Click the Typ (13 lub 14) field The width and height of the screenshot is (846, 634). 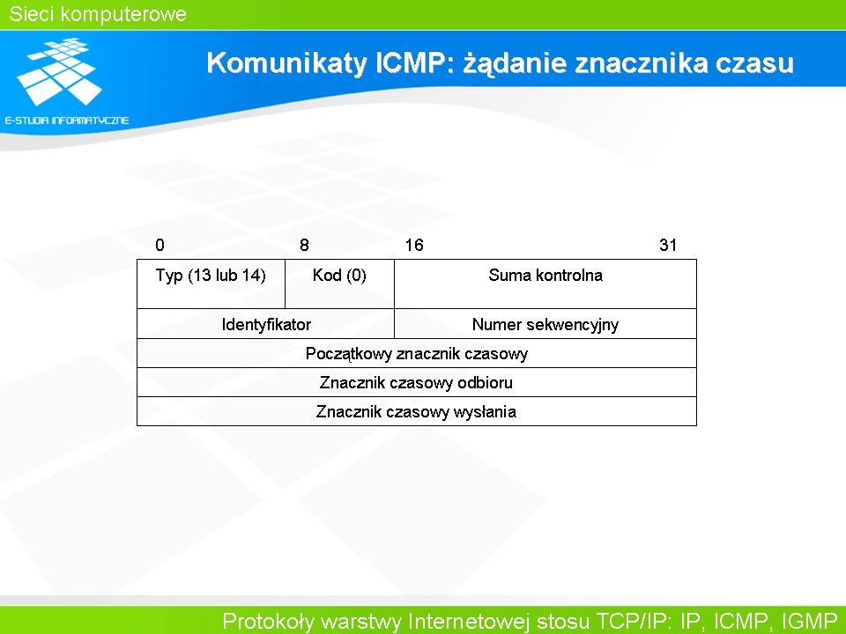(211, 284)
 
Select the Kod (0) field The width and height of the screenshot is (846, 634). (340, 284)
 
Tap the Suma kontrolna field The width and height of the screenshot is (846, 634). (545, 284)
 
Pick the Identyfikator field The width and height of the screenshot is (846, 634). (266, 324)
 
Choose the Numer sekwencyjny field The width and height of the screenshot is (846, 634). (545, 324)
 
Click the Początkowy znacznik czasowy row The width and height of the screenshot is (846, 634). (417, 353)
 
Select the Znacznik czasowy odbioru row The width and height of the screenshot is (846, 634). (417, 382)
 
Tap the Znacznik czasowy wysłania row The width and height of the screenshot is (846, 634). (417, 411)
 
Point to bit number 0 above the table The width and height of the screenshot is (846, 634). (160, 246)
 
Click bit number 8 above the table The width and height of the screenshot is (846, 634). (304, 246)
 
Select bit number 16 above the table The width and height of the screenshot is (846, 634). (414, 246)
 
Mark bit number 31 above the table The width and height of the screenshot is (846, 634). (668, 246)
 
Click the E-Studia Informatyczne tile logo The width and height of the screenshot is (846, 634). (59, 71)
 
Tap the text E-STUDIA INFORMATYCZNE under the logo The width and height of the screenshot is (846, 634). (67, 121)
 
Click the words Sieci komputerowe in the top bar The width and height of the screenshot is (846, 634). (98, 14)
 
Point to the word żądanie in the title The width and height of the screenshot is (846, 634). (516, 63)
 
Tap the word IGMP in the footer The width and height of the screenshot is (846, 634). (809, 621)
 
